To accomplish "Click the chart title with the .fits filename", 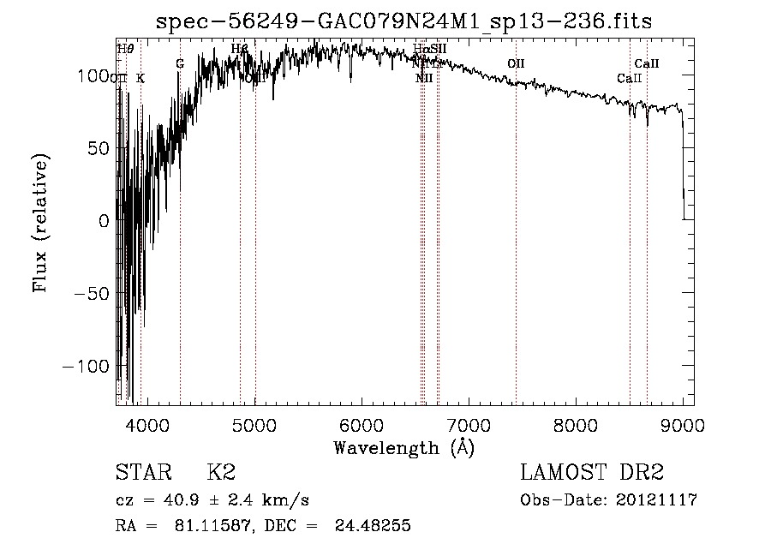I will [403, 21].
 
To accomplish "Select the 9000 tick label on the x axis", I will [683, 424].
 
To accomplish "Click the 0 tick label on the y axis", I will [104, 220].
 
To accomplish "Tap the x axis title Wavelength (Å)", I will [403, 447].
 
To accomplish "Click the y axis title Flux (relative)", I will [40, 223].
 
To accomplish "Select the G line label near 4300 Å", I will [180, 64].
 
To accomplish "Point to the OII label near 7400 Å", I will [515, 64].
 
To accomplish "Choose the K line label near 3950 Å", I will [140, 79].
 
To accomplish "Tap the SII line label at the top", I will [438, 49].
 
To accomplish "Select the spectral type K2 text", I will [221, 473].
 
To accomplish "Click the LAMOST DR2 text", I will [592, 473].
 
